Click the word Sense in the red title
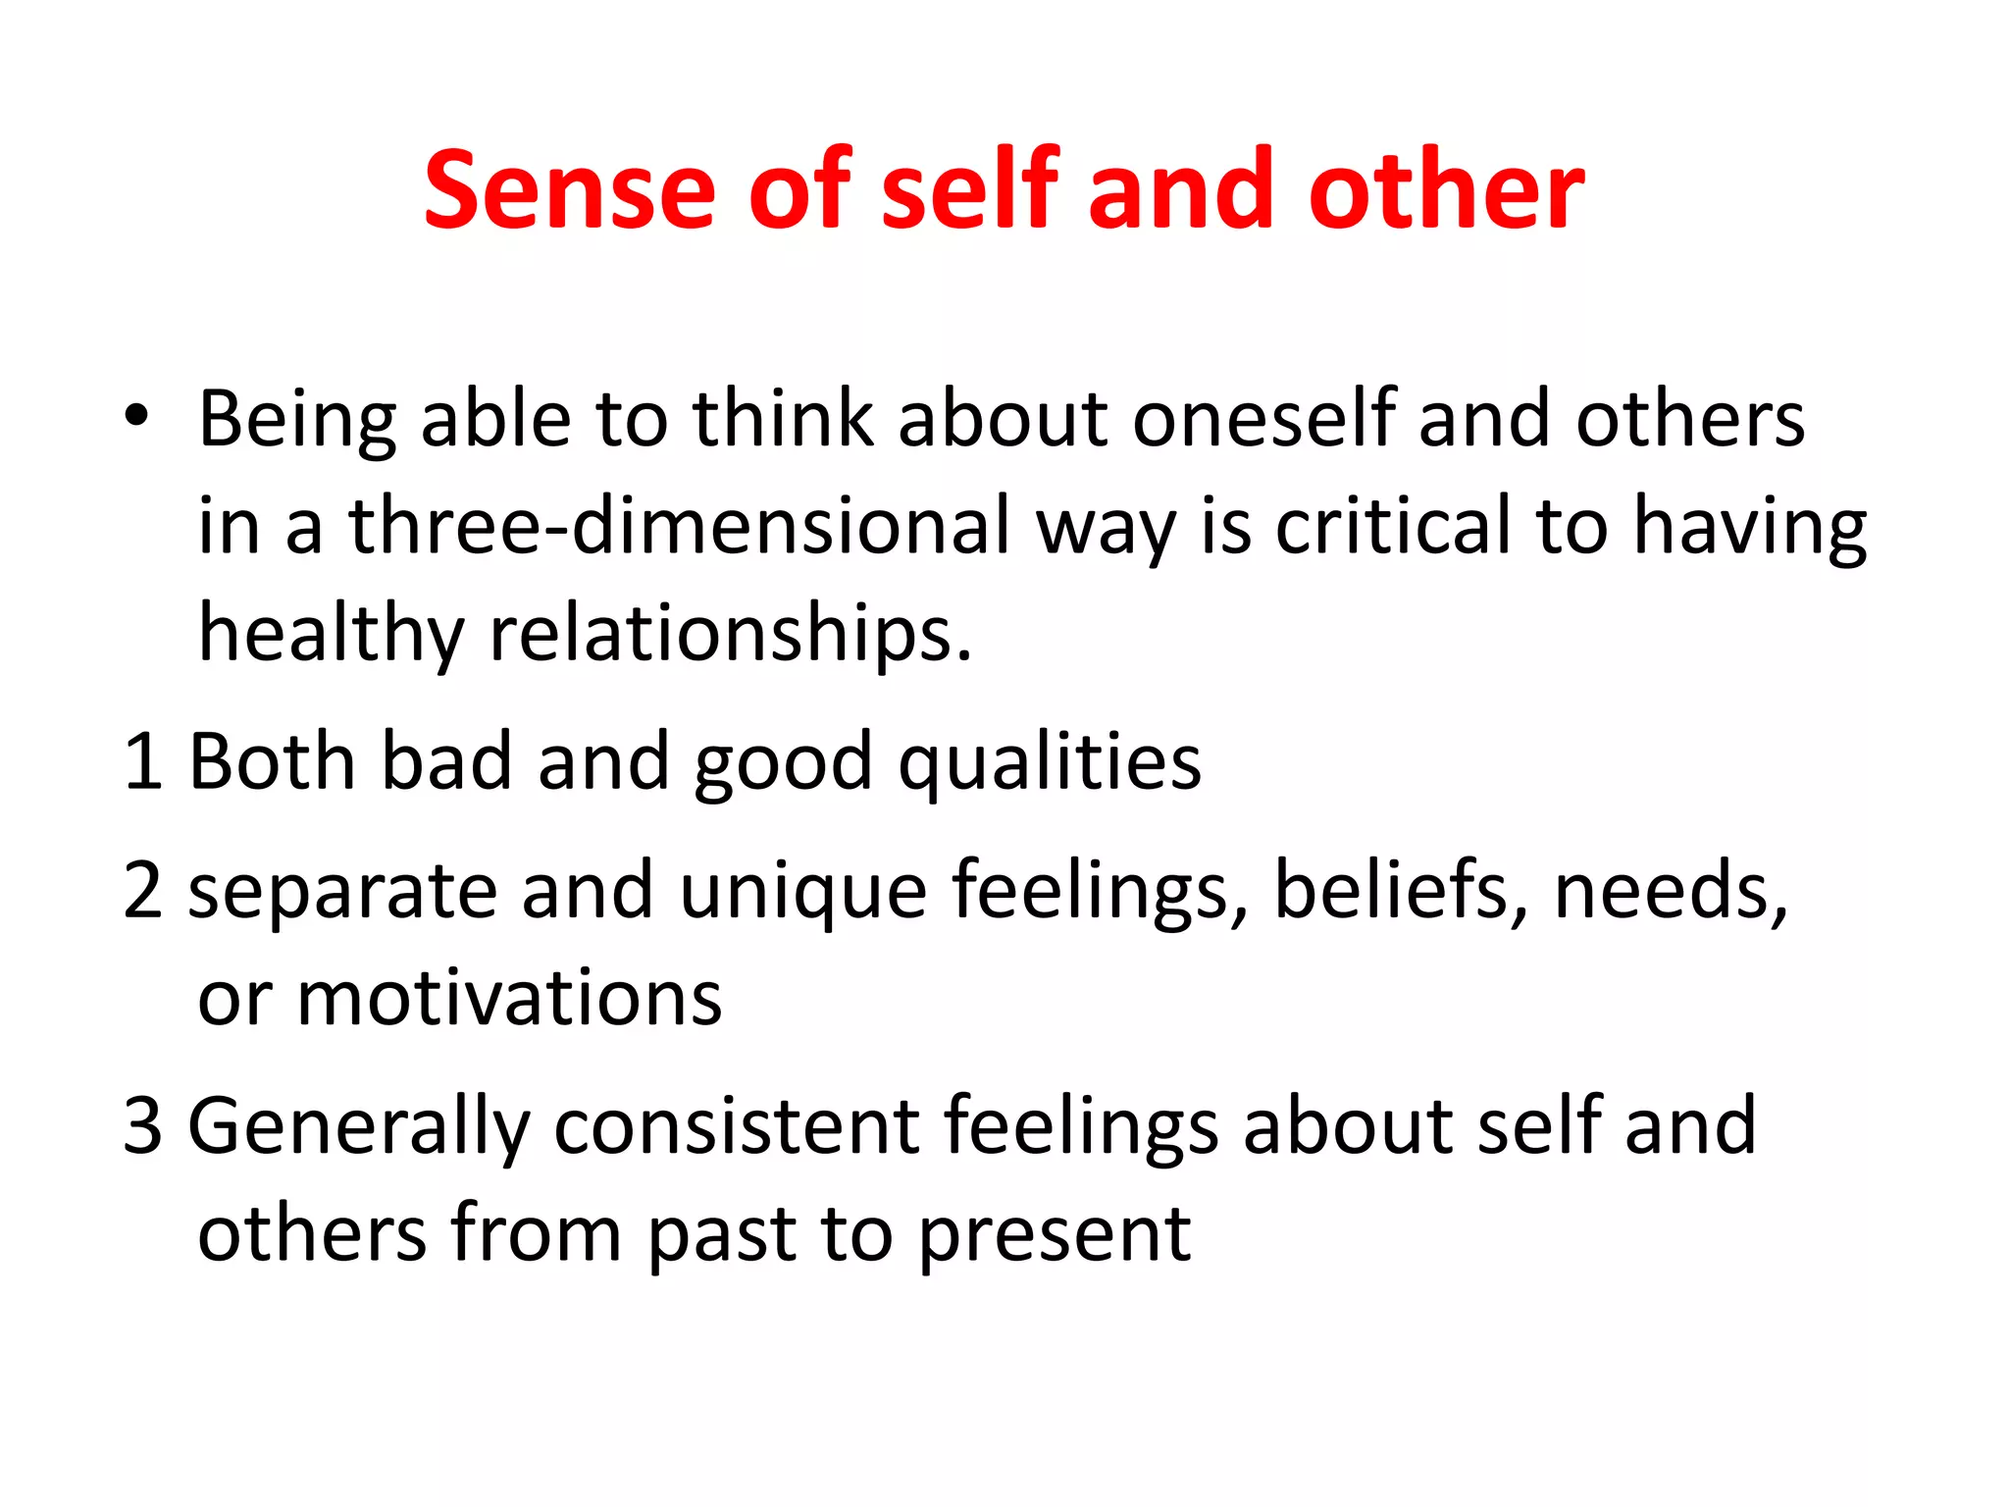coord(569,190)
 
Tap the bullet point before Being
coord(136,416)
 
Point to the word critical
coord(1393,526)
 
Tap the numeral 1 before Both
coord(142,761)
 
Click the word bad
coord(445,761)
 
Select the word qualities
coord(1050,761)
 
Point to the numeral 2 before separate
coord(143,890)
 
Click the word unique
coord(802,890)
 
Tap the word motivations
coord(509,999)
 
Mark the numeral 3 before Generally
coord(143,1125)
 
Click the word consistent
coord(736,1125)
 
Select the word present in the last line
coord(1055,1234)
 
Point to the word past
coord(721,1234)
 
